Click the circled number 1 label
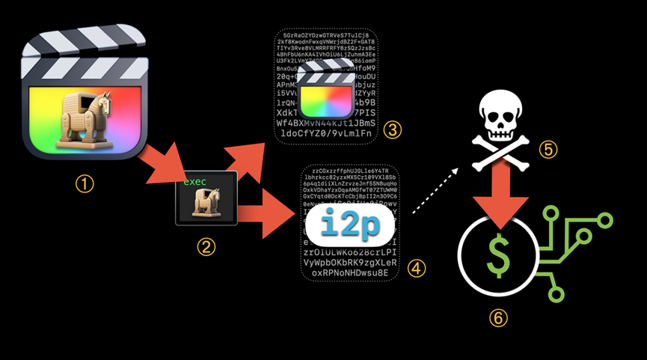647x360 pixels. click(88, 183)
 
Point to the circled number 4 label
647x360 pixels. click(416, 267)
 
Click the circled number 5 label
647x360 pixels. click(548, 150)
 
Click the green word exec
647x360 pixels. click(194, 182)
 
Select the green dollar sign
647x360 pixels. click(497, 252)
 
